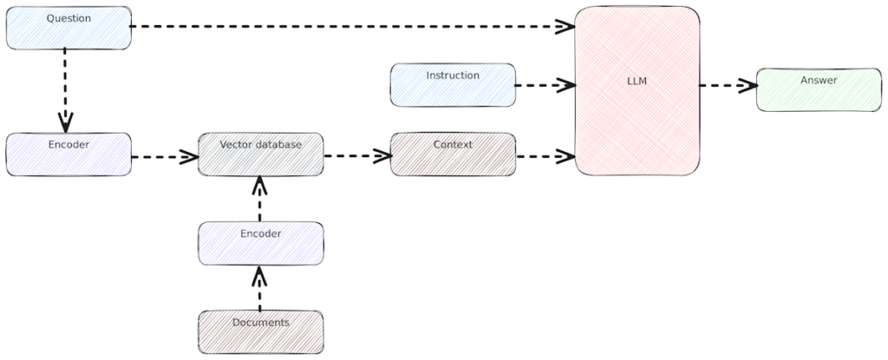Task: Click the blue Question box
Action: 69,28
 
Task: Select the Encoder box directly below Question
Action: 69,154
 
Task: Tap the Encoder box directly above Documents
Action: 260,243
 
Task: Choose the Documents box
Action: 260,331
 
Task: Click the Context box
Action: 453,154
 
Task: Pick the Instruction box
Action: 453,85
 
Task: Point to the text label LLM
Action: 637,81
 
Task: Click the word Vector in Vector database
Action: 237,144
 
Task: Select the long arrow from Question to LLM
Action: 347,27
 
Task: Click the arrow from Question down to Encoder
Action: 65,87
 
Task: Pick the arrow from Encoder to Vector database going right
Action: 163,158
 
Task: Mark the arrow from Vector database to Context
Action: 356,157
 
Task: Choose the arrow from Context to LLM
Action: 545,157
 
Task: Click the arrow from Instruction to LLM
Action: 545,85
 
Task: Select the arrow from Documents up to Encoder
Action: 259,288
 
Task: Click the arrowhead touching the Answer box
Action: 747,85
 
